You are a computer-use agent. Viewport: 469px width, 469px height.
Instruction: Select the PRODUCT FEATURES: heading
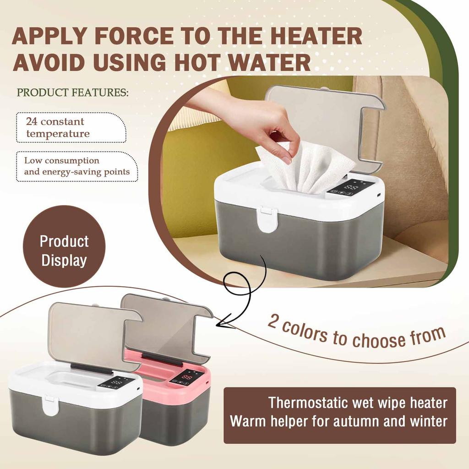point(73,93)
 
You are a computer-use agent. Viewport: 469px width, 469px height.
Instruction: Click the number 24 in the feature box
point(32,122)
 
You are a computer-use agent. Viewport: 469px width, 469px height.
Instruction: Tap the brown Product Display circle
point(64,251)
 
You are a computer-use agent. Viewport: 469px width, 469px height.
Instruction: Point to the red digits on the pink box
point(187,377)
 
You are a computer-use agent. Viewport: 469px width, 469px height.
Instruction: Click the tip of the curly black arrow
point(218,324)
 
